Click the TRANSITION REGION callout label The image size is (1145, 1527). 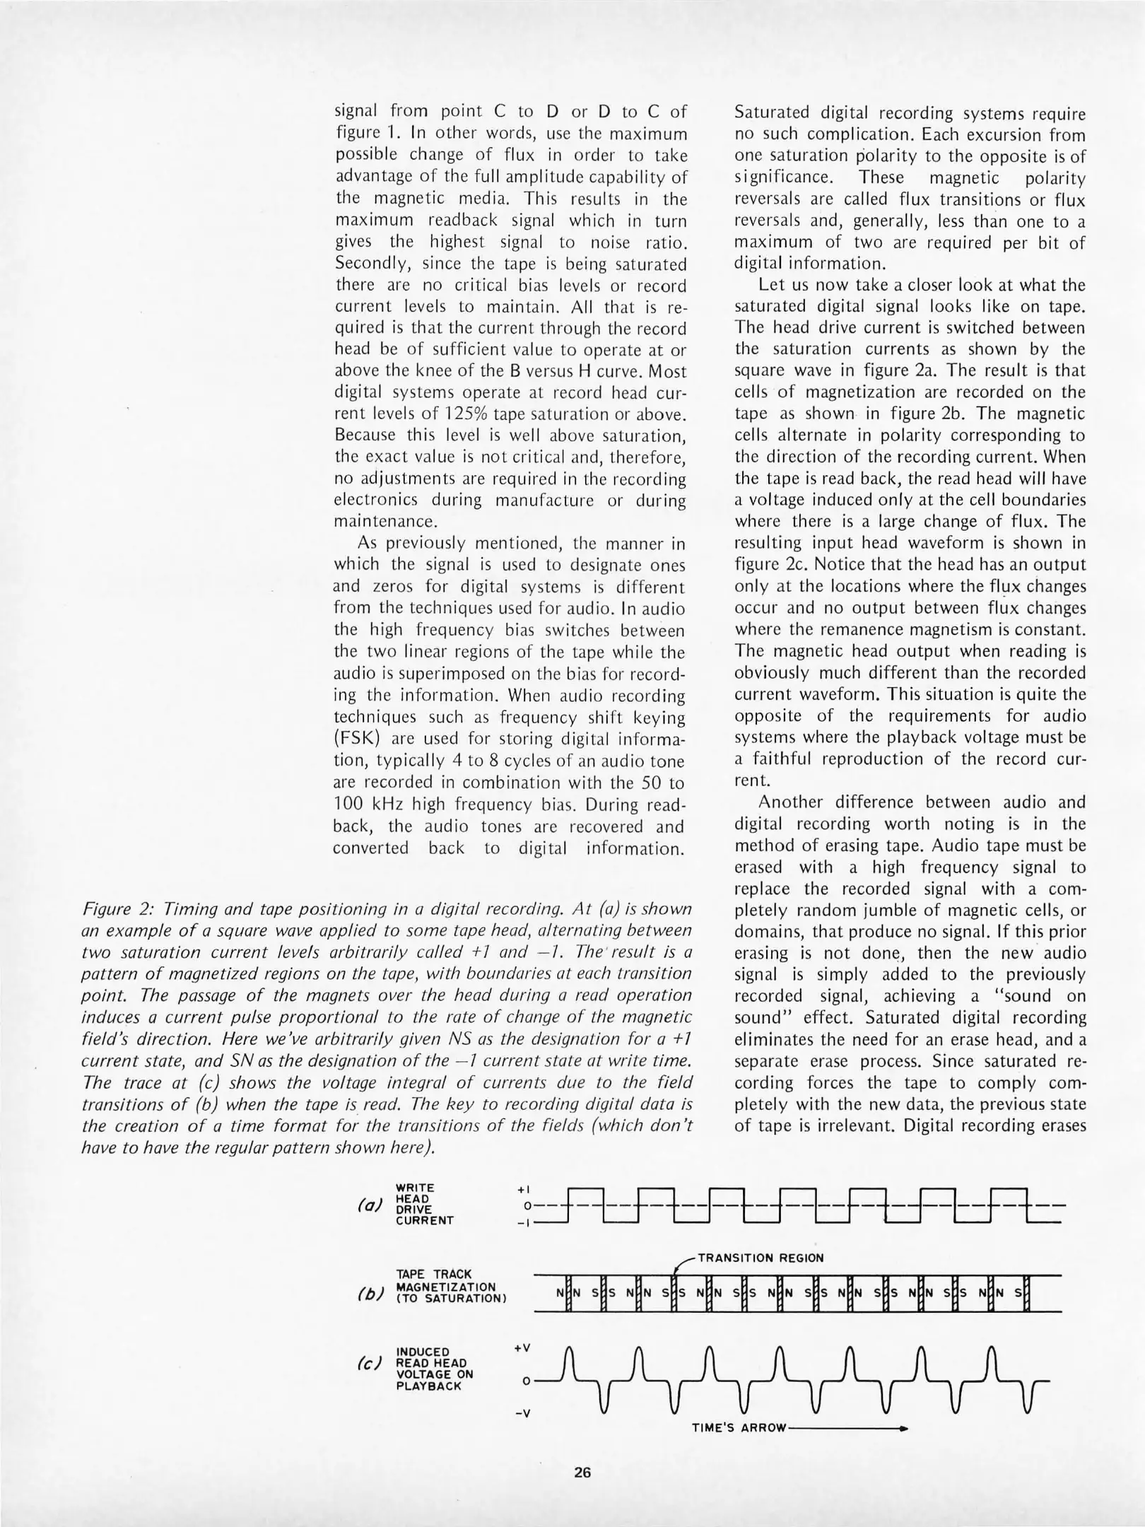(761, 1258)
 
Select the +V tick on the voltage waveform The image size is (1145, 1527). (522, 1348)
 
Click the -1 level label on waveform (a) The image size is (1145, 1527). (523, 1223)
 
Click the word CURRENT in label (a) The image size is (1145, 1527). (424, 1220)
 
